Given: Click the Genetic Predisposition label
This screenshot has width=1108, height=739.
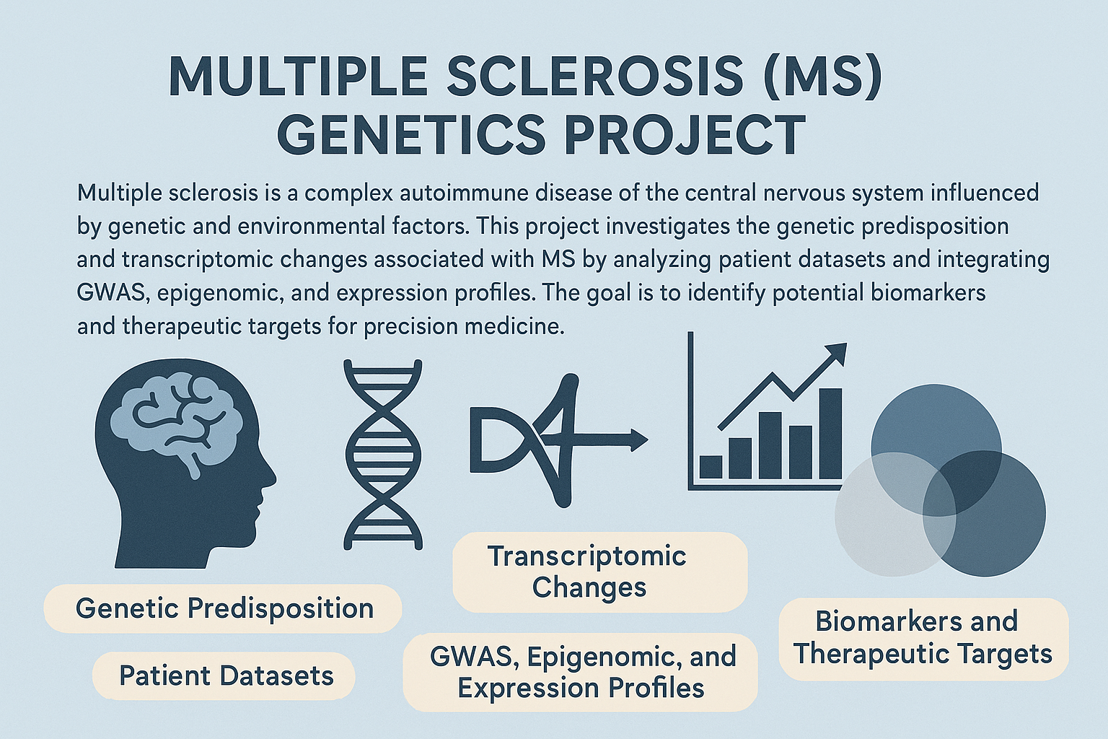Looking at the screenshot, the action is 224,608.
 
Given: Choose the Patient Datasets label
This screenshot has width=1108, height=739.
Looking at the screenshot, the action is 225,675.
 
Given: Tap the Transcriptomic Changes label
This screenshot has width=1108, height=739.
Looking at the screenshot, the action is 599,572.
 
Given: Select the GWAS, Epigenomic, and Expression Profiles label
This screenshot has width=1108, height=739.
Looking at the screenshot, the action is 581,672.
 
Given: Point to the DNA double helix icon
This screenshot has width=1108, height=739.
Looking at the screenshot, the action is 383,455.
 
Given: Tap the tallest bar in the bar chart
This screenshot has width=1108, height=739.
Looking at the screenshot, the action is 831,434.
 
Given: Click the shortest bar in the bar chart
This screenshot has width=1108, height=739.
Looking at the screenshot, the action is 711,467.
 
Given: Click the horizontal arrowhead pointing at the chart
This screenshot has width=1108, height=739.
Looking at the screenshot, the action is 638,439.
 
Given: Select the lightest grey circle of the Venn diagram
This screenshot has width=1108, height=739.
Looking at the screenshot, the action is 895,515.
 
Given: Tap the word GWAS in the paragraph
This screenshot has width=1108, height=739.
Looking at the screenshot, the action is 113,293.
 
